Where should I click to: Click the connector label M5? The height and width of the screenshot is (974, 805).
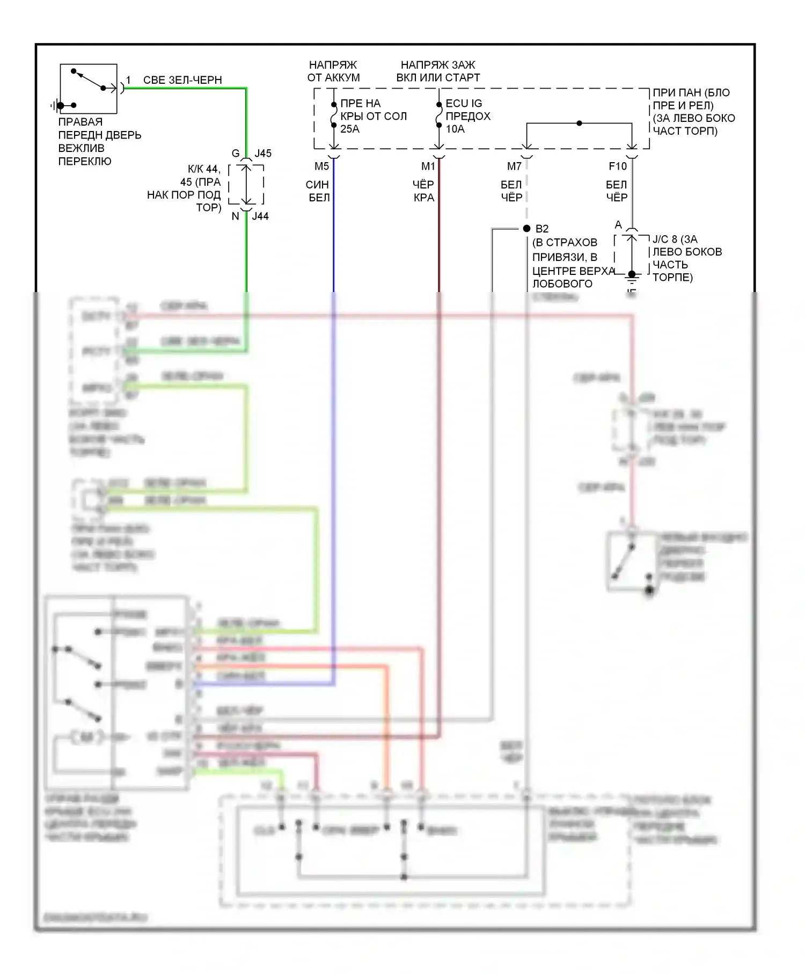pos(321,166)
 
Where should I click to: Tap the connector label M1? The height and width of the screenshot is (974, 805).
pos(428,166)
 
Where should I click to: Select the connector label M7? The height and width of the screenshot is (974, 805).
pos(514,166)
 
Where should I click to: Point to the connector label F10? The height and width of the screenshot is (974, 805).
pos(618,166)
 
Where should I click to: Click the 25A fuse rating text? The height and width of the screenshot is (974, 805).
pos(350,129)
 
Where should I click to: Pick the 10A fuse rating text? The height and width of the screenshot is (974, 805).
pos(455,129)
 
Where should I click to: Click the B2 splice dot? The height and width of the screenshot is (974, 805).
pos(526,229)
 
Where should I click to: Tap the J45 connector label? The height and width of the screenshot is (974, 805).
pos(263,154)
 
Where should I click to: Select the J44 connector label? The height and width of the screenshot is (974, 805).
pos(260,216)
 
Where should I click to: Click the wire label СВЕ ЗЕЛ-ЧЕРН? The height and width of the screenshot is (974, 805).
pos(182,80)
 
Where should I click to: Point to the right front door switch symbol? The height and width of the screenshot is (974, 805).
pos(89,89)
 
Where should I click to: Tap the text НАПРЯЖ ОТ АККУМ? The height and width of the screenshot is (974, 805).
pos(333,71)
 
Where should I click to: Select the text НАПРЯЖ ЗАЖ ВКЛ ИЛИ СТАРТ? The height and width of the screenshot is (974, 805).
pos(438,71)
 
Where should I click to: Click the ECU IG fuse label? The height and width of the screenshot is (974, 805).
pos(464,104)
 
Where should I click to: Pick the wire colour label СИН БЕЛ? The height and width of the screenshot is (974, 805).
pos(318,191)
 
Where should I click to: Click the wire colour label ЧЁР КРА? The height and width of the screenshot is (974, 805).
pos(423,191)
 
